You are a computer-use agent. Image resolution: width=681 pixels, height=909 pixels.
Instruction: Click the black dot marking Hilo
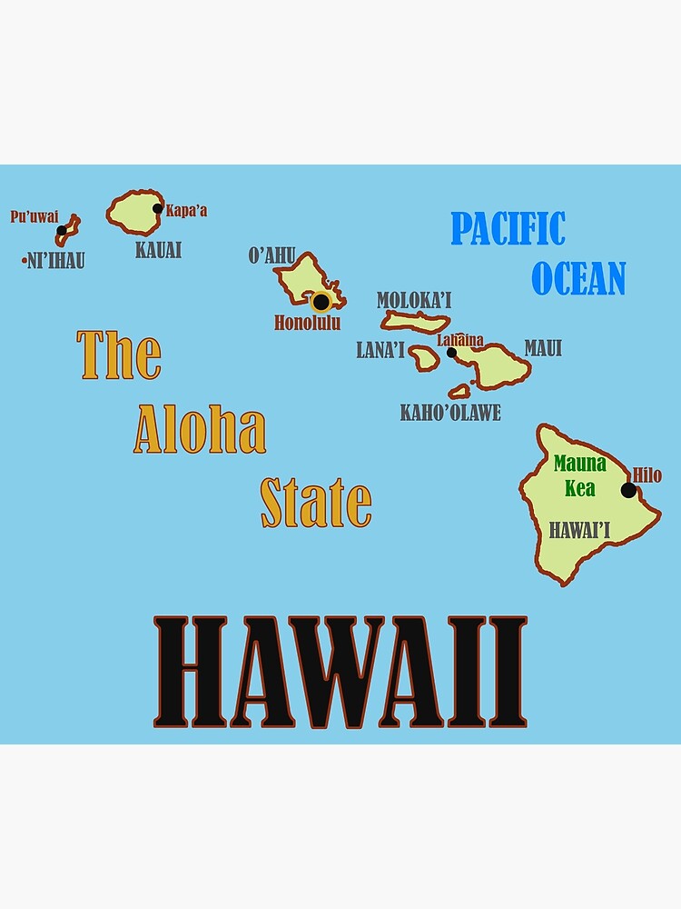click(628, 490)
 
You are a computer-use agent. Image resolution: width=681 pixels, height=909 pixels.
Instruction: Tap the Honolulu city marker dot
click(321, 301)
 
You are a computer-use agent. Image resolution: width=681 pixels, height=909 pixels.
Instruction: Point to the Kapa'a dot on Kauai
click(158, 208)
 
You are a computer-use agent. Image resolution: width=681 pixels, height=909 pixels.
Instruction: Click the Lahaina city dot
click(451, 353)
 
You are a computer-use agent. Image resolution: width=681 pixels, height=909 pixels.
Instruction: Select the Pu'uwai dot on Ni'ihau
click(62, 231)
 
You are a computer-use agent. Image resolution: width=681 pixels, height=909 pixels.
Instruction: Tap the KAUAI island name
click(158, 250)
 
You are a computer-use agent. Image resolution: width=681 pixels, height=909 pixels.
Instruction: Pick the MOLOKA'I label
click(414, 300)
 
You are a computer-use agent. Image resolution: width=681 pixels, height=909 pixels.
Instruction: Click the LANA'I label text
click(380, 351)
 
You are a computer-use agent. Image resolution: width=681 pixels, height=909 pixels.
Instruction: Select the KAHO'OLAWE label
click(450, 413)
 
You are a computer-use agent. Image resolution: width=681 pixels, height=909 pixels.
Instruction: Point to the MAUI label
click(543, 348)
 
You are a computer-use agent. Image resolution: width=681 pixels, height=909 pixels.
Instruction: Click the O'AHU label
click(271, 255)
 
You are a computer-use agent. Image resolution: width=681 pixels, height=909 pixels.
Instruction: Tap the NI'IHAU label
click(56, 262)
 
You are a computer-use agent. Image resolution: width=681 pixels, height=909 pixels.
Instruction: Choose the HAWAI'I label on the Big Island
click(578, 530)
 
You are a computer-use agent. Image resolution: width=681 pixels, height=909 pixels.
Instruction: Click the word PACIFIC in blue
click(508, 229)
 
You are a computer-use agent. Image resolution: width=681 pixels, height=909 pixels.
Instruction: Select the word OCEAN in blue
click(578, 278)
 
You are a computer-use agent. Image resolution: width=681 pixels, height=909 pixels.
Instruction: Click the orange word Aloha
click(200, 430)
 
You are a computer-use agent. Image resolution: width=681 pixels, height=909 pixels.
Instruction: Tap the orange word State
click(316, 503)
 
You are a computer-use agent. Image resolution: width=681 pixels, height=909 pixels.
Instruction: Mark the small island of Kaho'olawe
click(459, 392)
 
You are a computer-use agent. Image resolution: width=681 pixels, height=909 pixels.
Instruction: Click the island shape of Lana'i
click(424, 357)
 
